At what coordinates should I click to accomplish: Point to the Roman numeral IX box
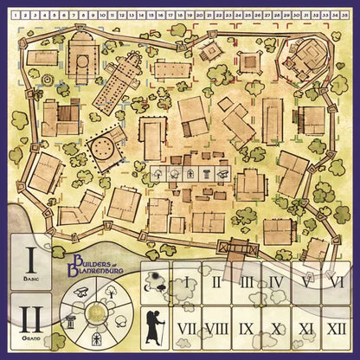[x=247, y=328]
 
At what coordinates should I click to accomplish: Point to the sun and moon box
[x=158, y=281]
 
